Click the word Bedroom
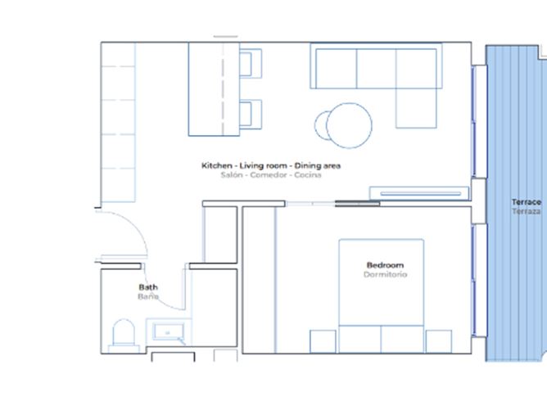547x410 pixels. (x=385, y=265)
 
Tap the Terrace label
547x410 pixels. (x=527, y=202)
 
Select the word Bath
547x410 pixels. (x=148, y=287)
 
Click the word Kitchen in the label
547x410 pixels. (x=217, y=165)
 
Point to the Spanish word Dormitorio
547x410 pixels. (x=385, y=274)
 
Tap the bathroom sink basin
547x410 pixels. (x=169, y=332)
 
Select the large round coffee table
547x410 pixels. (x=349, y=125)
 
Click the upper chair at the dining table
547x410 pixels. (x=251, y=64)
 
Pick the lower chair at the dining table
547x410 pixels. (x=251, y=115)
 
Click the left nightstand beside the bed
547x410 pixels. (x=323, y=341)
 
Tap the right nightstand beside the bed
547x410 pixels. (x=439, y=341)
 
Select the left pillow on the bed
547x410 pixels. (x=359, y=339)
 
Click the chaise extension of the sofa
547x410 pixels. (x=416, y=108)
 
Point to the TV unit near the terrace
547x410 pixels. (x=419, y=193)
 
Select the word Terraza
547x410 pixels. (x=527, y=211)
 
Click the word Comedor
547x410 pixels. (x=269, y=174)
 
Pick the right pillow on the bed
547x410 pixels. (x=402, y=339)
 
